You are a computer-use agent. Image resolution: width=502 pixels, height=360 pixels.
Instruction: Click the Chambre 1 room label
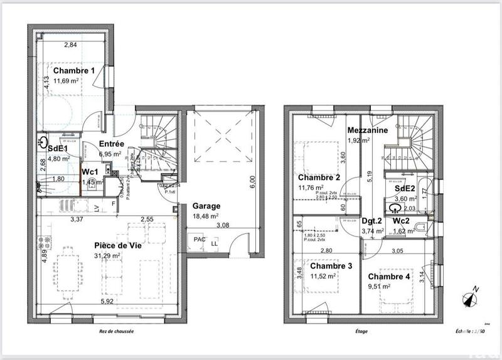coord(73,70)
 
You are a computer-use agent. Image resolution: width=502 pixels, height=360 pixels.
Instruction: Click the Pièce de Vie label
coord(117,246)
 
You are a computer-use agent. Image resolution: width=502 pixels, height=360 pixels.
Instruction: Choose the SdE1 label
coord(58,149)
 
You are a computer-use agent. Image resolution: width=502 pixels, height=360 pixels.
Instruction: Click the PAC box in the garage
coord(200,240)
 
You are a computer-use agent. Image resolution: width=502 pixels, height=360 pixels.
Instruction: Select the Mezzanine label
coord(367,130)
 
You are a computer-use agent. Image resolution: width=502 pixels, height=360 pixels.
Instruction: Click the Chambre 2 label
coord(319,177)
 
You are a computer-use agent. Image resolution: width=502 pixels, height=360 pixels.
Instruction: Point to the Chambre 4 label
coord(390,277)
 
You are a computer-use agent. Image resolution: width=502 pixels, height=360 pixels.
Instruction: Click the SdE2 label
coord(404,189)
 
